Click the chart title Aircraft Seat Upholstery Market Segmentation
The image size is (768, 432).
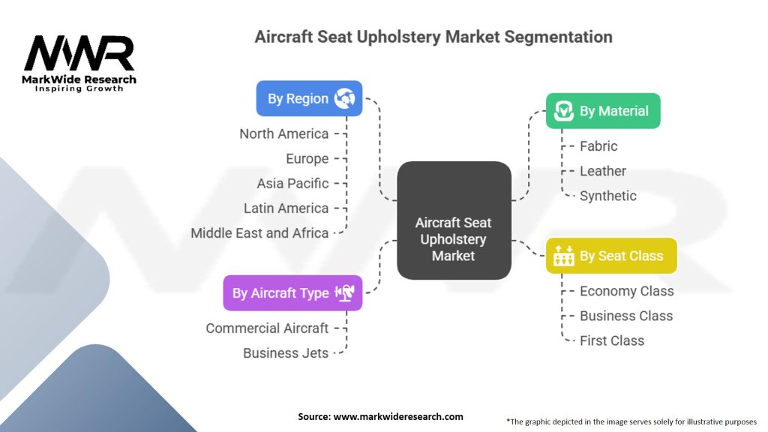(x=433, y=37)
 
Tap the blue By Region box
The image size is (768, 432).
(x=309, y=98)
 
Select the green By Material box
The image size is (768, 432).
(x=603, y=111)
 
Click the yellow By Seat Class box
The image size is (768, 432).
(x=611, y=256)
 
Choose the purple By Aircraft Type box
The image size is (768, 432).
(x=292, y=293)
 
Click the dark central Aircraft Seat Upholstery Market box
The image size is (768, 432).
(x=454, y=239)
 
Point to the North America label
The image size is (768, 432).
(x=283, y=133)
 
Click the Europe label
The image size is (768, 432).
(x=307, y=158)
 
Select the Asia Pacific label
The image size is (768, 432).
(x=292, y=183)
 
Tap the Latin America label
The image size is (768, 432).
(x=286, y=208)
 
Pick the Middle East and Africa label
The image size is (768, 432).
(x=259, y=232)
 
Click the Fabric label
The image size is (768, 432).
(x=598, y=146)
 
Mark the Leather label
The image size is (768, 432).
(x=603, y=171)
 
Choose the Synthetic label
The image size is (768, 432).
(x=608, y=196)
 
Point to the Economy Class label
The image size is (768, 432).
(x=627, y=291)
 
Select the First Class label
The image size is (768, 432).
(x=612, y=340)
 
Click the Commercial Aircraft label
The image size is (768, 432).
(x=267, y=328)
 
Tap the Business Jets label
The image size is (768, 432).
(x=286, y=352)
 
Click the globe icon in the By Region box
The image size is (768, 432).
(x=344, y=98)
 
